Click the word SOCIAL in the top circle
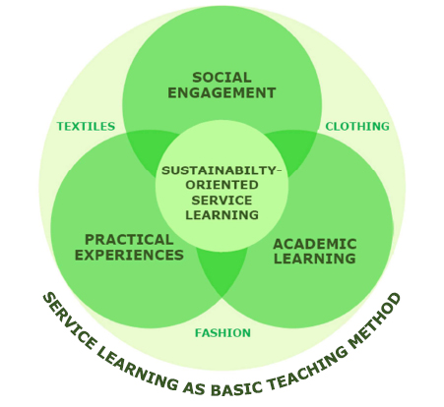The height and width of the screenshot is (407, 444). (x=222, y=78)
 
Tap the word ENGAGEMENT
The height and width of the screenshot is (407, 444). (x=222, y=92)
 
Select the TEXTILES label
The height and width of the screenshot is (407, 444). (x=86, y=126)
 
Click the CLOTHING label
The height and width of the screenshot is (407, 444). (x=357, y=126)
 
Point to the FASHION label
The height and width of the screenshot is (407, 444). (x=222, y=333)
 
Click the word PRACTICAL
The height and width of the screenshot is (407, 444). (x=129, y=240)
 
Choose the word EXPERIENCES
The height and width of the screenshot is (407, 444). (x=129, y=255)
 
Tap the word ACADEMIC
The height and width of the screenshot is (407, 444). (x=315, y=244)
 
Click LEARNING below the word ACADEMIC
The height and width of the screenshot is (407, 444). (x=315, y=259)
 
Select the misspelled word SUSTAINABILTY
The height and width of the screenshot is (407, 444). (x=220, y=170)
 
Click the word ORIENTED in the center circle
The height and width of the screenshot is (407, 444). (x=222, y=185)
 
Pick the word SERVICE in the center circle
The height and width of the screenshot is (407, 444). (x=222, y=201)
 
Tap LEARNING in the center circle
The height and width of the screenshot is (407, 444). (x=222, y=215)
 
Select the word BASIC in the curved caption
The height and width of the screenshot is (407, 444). (x=235, y=387)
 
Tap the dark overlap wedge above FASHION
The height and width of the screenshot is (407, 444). (x=222, y=268)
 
